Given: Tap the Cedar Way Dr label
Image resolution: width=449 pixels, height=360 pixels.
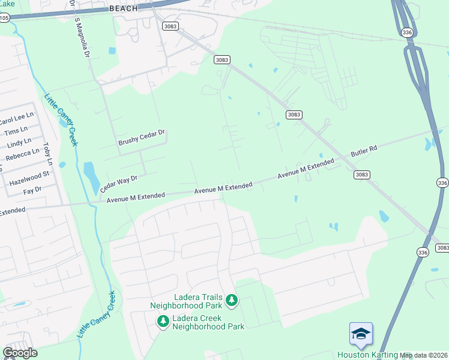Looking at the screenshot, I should [119, 183].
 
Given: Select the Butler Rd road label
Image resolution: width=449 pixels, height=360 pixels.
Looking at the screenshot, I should [363, 154].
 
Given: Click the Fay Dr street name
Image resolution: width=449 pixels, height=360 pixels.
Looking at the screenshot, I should [32, 190].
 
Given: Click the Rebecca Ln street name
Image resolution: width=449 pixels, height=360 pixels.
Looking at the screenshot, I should [22, 155].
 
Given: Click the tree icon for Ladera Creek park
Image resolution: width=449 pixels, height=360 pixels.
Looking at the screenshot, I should [163, 322].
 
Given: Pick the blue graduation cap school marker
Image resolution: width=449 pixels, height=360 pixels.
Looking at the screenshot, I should [361, 334].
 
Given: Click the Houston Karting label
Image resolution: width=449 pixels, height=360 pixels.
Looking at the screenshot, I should [367, 355].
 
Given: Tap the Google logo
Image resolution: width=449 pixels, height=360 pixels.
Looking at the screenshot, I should [20, 353].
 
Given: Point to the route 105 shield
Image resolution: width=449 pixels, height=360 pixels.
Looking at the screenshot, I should [4, 18].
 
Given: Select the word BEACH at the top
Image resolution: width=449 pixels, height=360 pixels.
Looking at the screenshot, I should [124, 8].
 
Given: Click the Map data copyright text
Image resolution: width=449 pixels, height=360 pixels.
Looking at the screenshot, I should [424, 355].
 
